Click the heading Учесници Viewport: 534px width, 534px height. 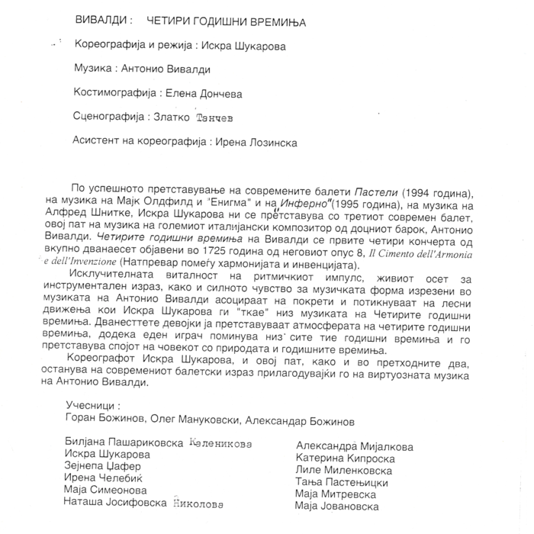[94, 407]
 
